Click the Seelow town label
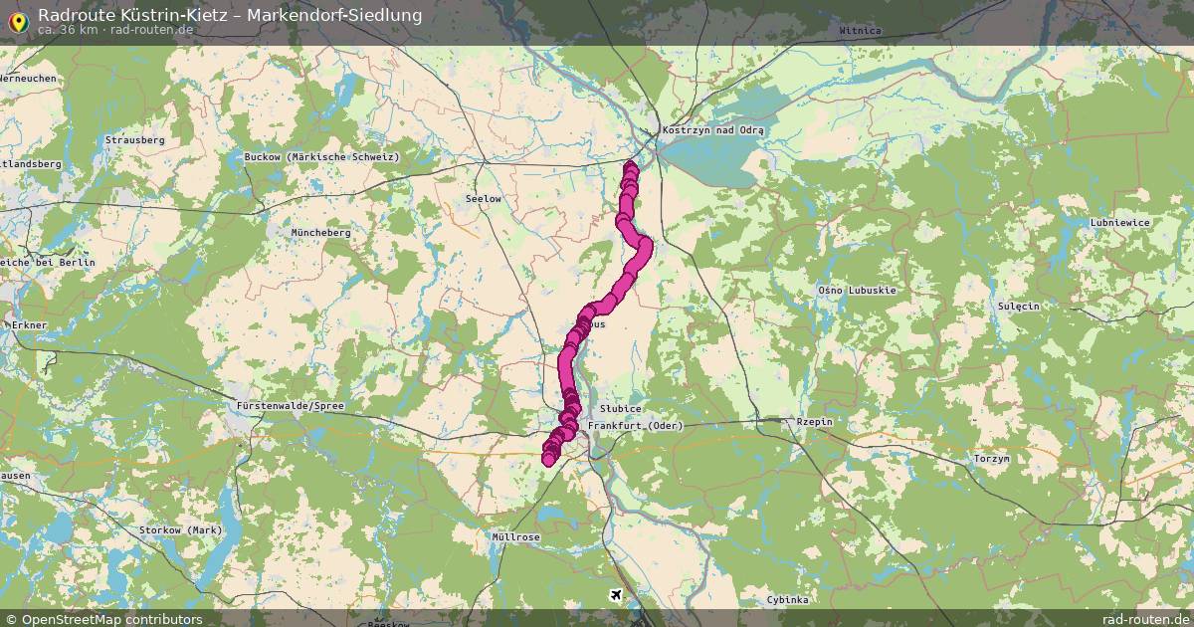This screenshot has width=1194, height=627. tap(484, 199)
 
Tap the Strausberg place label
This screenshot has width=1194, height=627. tap(134, 140)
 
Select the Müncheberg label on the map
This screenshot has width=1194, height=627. tap(320, 232)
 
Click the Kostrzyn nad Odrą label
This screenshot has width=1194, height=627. tap(712, 130)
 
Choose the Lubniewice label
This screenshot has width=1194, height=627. tap(1120, 222)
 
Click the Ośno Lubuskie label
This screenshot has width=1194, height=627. tap(857, 290)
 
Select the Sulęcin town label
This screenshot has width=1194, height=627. tap(1018, 306)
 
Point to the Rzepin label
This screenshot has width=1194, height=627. tap(813, 422)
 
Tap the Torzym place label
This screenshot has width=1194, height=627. tap(991, 459)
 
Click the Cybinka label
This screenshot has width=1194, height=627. tap(788, 599)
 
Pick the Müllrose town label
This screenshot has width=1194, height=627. tap(516, 536)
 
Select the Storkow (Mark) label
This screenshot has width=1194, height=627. tap(181, 529)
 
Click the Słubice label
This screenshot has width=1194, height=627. tap(621, 409)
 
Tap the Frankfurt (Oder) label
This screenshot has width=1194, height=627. tap(636, 426)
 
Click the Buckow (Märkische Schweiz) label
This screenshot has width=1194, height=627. tap(321, 157)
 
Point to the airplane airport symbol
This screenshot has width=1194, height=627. tap(618, 595)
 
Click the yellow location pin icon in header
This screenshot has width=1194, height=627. tap(18, 19)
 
